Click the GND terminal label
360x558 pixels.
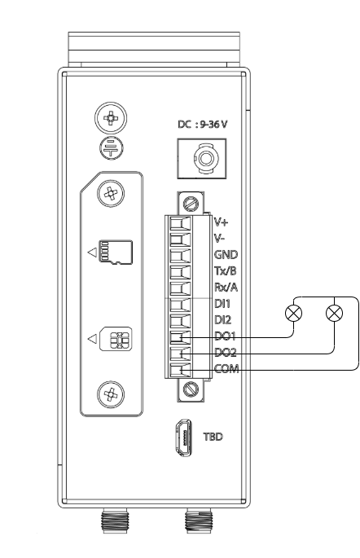(x=224, y=254)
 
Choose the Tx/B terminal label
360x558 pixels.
(x=225, y=270)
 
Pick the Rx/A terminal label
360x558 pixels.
(x=225, y=287)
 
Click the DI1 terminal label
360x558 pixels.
(x=222, y=304)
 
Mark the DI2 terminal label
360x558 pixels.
(x=222, y=320)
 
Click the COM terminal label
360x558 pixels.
(x=225, y=370)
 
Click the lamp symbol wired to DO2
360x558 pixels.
(x=333, y=312)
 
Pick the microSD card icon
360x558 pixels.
(x=108, y=252)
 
